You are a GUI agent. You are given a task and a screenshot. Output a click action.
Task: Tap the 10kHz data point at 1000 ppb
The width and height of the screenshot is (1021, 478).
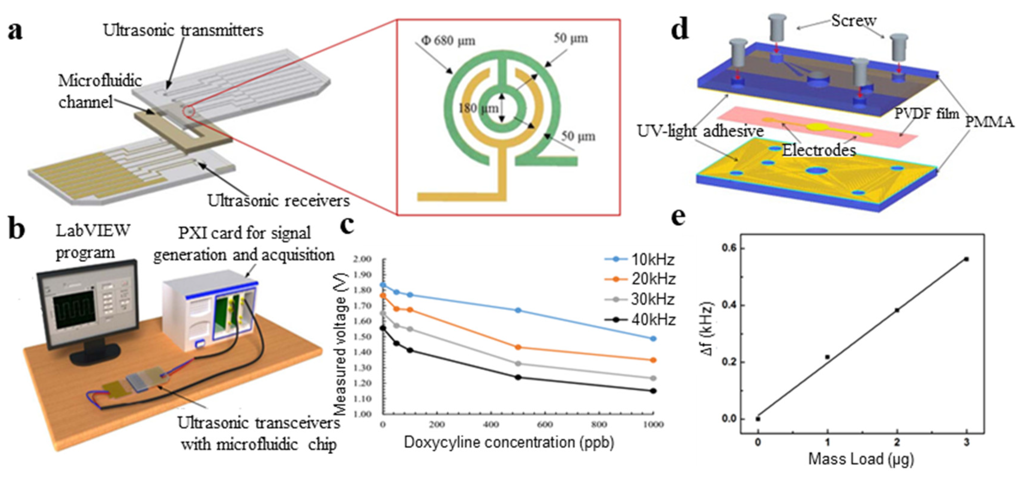[x=653, y=338]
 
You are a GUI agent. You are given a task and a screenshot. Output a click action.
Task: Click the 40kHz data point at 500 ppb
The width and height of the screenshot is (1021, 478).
[x=518, y=377]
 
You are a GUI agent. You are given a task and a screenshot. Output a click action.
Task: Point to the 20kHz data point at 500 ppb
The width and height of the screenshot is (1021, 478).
[x=518, y=347]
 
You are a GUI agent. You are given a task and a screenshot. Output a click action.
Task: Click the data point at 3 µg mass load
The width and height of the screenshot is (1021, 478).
[x=966, y=259]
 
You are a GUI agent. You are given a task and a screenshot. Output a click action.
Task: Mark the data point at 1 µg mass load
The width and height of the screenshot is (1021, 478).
[x=827, y=357]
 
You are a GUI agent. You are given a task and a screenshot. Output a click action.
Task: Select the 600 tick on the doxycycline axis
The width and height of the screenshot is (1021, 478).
[x=545, y=425]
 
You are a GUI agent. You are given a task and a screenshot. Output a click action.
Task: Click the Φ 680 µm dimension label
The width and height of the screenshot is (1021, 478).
[x=448, y=41]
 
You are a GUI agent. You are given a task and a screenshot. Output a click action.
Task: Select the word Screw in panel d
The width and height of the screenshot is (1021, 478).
[x=853, y=21]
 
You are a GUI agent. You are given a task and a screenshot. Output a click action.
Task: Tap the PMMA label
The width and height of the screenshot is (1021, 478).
[x=989, y=122]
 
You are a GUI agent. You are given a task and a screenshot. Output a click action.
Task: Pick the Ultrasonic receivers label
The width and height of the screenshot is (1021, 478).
[x=279, y=200]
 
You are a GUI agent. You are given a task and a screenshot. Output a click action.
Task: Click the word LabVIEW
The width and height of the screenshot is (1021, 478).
[x=93, y=230]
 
